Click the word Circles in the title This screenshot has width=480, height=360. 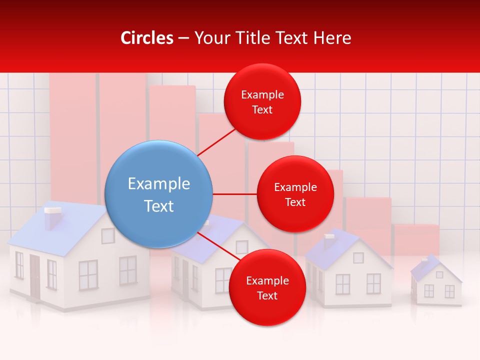(147, 38)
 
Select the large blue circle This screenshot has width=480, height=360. (159, 194)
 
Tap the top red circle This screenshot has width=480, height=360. (262, 102)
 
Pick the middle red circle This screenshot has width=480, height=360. (295, 194)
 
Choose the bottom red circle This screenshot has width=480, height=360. (267, 287)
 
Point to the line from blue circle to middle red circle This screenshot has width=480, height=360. (234, 194)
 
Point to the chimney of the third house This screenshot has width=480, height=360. (328, 240)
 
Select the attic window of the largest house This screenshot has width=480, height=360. (108, 235)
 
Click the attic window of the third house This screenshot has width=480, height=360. (358, 257)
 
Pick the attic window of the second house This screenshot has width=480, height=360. (242, 247)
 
